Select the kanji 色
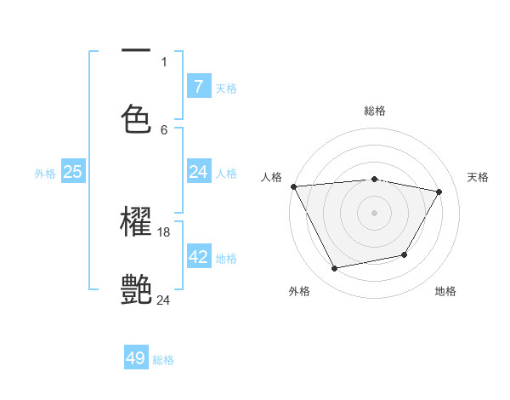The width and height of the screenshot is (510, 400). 137,118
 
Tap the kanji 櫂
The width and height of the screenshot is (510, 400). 137,223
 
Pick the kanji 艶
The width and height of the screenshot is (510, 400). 137,290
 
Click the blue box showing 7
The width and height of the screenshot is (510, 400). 198,86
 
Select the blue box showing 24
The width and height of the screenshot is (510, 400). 198,172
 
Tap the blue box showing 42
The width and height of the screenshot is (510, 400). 198,257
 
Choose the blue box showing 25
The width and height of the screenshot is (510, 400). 73,172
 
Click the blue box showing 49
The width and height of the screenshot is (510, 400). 136,358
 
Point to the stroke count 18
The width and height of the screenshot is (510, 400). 165,231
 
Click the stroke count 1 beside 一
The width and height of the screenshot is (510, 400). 164,61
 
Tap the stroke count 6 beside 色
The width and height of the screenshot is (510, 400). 164,129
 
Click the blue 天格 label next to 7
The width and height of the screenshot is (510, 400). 226,88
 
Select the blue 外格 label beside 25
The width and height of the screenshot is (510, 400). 45,173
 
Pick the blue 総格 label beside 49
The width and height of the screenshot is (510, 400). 163,360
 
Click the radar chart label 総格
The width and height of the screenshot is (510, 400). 375,111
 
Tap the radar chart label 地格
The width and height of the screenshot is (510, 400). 445,291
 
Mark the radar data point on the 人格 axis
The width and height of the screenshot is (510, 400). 293,186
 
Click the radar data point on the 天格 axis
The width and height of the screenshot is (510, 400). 439,191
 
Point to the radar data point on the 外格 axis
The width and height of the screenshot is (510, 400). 335,269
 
